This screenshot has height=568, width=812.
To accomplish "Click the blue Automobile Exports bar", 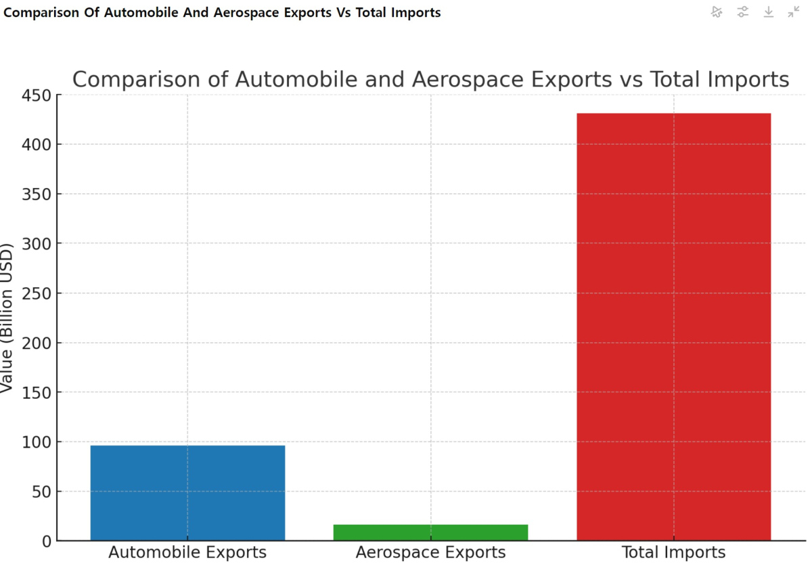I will [x=187, y=492].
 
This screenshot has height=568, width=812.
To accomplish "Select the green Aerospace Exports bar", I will [x=430, y=532].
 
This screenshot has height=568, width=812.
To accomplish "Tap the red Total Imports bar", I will [x=673, y=327].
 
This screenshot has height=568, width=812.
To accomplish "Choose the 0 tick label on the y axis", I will [x=47, y=541].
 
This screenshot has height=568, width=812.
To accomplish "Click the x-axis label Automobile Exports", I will [x=187, y=552].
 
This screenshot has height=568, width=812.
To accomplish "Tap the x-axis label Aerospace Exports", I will [x=430, y=552].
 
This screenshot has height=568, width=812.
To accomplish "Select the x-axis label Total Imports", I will [x=673, y=552].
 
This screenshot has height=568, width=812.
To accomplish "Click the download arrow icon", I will [x=769, y=11].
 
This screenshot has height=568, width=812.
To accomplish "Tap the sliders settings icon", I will [x=743, y=11].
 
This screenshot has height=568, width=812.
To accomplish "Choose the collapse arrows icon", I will [x=794, y=11].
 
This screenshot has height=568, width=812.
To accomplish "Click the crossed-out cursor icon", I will [x=717, y=11].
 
